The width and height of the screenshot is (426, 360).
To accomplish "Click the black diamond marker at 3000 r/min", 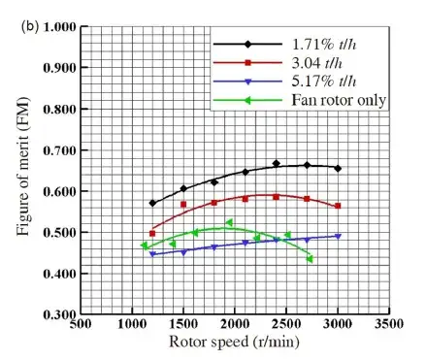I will coord(338,168).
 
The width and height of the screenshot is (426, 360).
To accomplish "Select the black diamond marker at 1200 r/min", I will coord(152,204).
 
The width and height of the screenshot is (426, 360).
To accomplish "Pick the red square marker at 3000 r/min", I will coord(338,206).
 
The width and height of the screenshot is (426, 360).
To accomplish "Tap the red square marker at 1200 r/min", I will coord(152,234).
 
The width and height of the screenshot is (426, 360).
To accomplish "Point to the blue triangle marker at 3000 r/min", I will coord(338,236).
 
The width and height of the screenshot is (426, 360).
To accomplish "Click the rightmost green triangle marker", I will coord(310,259).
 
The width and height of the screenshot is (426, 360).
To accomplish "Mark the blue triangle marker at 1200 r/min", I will coord(152,254).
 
